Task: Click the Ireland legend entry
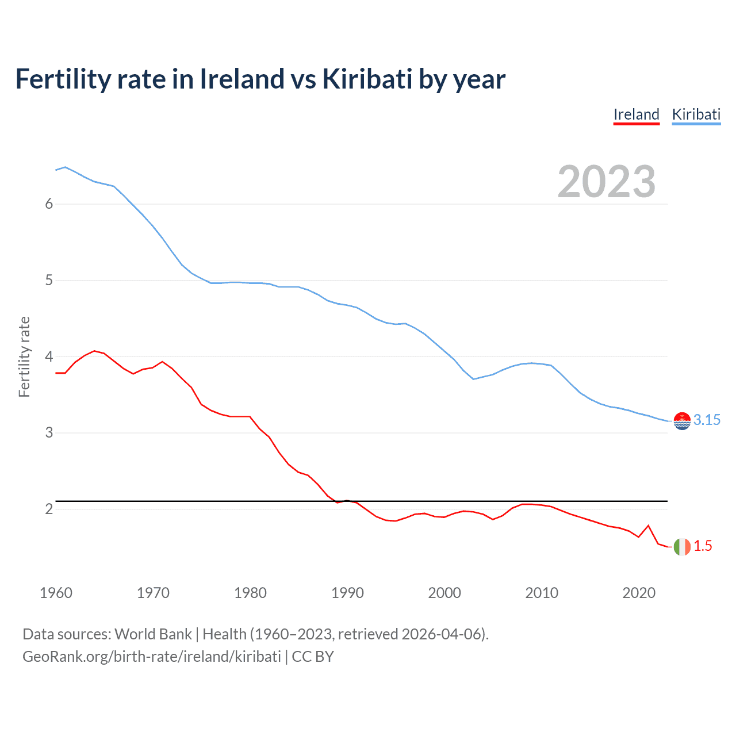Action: pyautogui.click(x=636, y=114)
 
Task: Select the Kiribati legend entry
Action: pyautogui.click(x=696, y=114)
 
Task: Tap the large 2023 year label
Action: pyautogui.click(x=606, y=182)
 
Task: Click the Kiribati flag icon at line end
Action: pyautogui.click(x=681, y=421)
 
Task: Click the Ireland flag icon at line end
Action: pyautogui.click(x=681, y=547)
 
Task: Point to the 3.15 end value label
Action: pyautogui.click(x=707, y=420)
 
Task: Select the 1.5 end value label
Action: pyautogui.click(x=703, y=546)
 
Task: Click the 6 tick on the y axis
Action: pyautogui.click(x=49, y=204)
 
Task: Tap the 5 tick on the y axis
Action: pyautogui.click(x=49, y=281)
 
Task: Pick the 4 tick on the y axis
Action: pyautogui.click(x=49, y=357)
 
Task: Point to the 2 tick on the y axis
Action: pyautogui.click(x=49, y=509)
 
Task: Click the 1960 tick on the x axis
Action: pyautogui.click(x=56, y=593)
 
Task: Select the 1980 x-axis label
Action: pyautogui.click(x=250, y=593)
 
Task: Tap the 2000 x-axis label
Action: pyautogui.click(x=444, y=593)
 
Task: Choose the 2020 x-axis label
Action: pyautogui.click(x=639, y=593)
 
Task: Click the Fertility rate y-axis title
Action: pyautogui.click(x=24, y=356)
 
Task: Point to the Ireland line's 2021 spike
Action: pyautogui.click(x=648, y=526)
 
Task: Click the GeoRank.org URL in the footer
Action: pyautogui.click(x=151, y=657)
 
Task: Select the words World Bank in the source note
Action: pyautogui.click(x=153, y=634)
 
